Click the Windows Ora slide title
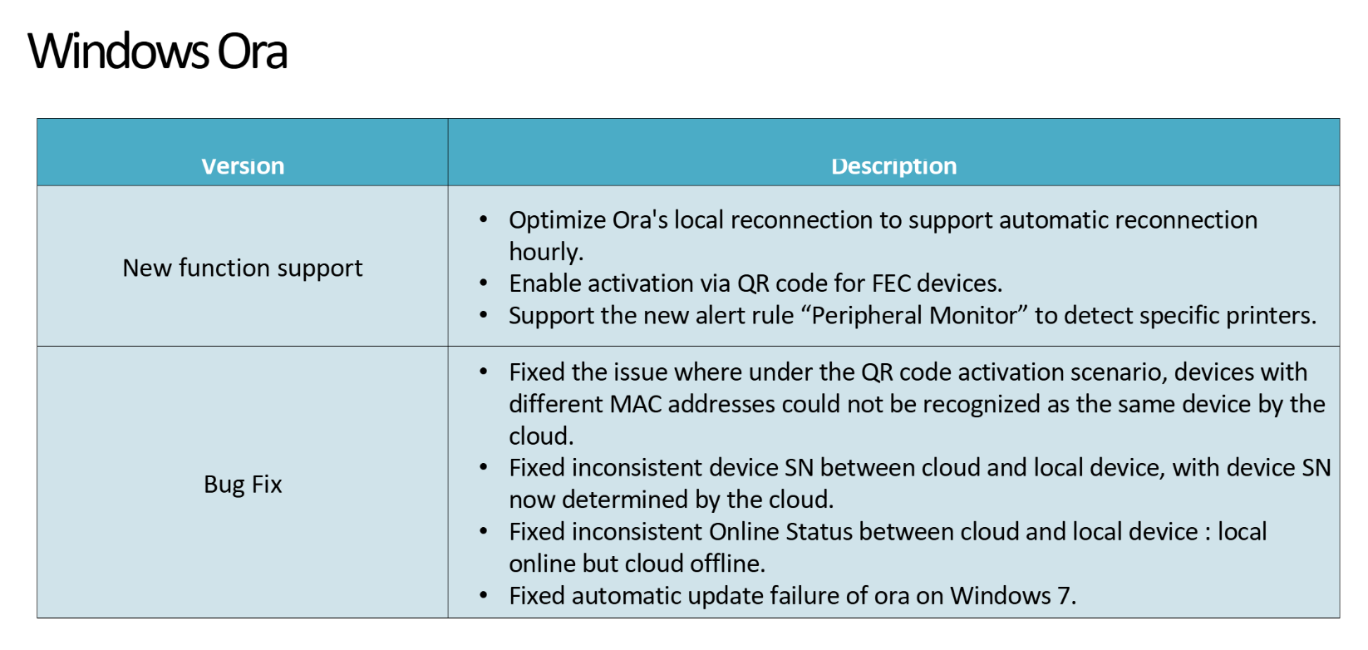pos(157,52)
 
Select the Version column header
pos(243,166)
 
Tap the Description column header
pos(894,166)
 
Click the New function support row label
pos(243,268)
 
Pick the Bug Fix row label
pos(243,485)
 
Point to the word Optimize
pos(557,220)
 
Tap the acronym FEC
pos(891,283)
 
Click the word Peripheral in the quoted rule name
pos(867,316)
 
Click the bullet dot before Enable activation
pos(484,283)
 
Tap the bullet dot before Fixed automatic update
pos(484,595)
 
